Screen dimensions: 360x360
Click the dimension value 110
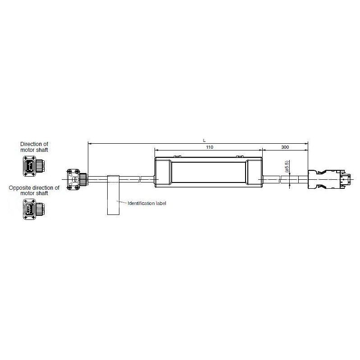click(x=209, y=147)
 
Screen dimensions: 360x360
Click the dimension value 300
click(x=285, y=147)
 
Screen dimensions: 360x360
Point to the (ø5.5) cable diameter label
click(x=287, y=167)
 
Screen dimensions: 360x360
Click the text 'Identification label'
click(x=147, y=204)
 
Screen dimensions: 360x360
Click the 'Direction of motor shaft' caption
click(x=34, y=147)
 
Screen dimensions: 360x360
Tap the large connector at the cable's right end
click(x=328, y=178)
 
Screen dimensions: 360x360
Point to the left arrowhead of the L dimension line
click(x=89, y=144)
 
